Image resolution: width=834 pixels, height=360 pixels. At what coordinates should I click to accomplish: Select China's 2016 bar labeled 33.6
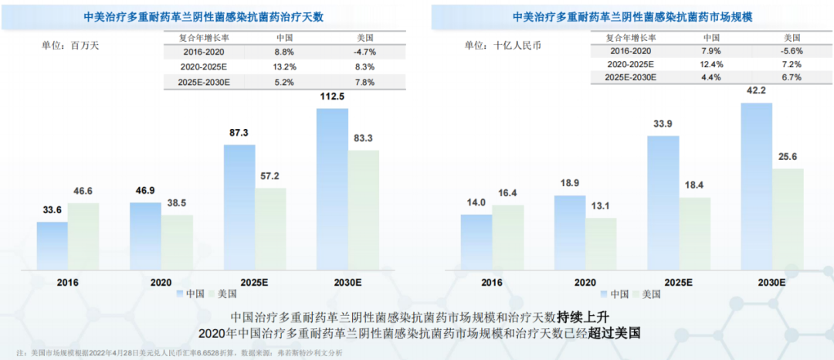click(52, 243)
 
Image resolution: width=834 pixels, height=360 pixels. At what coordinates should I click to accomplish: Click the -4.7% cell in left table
click(364, 52)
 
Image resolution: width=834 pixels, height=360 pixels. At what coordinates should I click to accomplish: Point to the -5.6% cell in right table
click(792, 50)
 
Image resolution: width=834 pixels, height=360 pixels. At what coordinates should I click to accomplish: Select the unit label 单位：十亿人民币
click(503, 45)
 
